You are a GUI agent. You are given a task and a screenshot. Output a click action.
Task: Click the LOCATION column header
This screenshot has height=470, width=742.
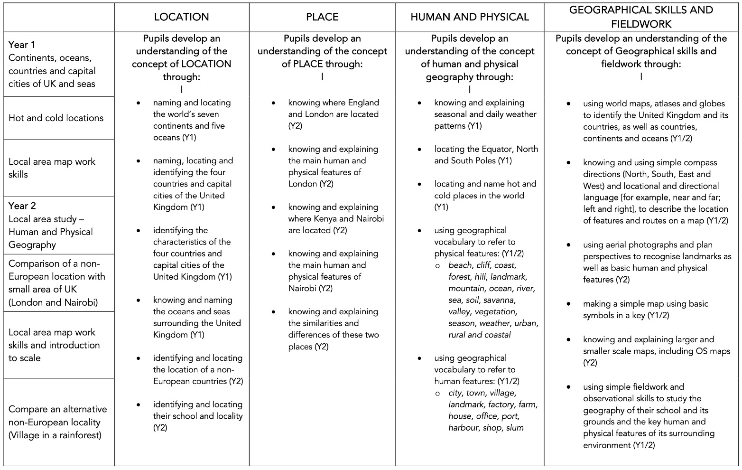pyautogui.click(x=181, y=17)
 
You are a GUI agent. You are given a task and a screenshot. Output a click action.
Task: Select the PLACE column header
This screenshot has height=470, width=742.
pyautogui.click(x=322, y=17)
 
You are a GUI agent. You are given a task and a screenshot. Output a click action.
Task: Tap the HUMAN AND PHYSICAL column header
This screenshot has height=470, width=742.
pyautogui.click(x=469, y=17)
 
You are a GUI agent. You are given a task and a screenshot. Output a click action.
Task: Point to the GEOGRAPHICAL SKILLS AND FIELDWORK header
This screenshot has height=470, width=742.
pyautogui.click(x=641, y=17)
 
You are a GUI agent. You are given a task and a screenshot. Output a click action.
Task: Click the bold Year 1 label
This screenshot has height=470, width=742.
pyautogui.click(x=22, y=45)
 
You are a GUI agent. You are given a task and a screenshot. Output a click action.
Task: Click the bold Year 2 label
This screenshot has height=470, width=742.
pyautogui.click(x=22, y=206)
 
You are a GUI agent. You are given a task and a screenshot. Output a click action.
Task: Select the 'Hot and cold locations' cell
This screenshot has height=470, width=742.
pyautogui.click(x=56, y=118)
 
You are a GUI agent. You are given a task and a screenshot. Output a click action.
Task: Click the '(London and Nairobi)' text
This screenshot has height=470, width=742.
pyautogui.click(x=53, y=302)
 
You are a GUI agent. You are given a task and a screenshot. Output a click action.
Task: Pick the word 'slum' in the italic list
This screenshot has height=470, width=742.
pyautogui.click(x=515, y=428)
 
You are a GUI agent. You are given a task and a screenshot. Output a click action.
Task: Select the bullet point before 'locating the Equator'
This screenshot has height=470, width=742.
pyautogui.click(x=420, y=150)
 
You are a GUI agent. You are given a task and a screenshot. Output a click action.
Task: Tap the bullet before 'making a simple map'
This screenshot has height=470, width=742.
pyautogui.click(x=569, y=304)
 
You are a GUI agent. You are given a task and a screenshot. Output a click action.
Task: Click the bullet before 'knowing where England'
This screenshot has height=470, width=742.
pyautogui.click(x=274, y=103)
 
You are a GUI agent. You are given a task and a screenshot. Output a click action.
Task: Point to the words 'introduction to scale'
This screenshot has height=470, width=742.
pyautogui.click(x=54, y=351)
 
